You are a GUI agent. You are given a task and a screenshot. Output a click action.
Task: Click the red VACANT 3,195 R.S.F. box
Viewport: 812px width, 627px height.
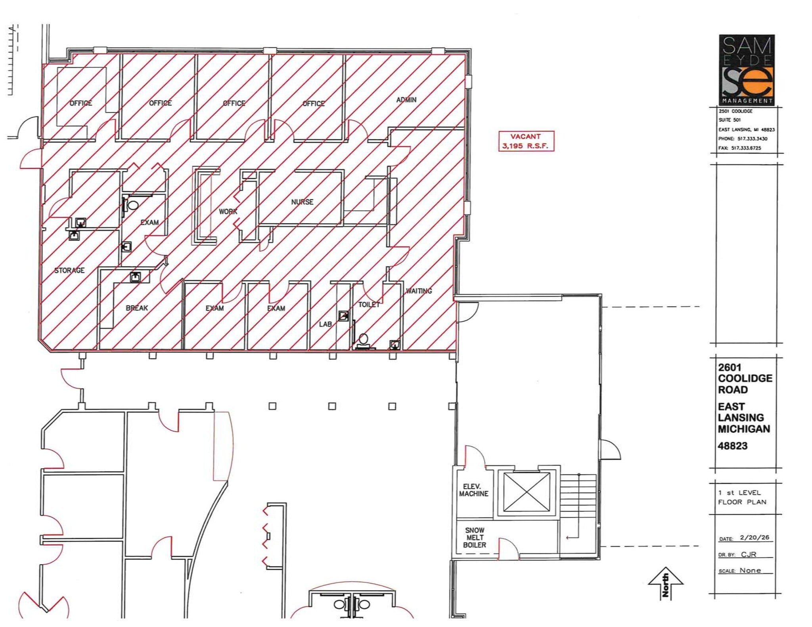pos(526,141)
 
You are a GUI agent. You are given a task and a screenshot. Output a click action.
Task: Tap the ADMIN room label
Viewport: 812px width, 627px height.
pos(406,100)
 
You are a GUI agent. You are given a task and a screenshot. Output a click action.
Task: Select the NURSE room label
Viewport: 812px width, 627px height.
pos(302,202)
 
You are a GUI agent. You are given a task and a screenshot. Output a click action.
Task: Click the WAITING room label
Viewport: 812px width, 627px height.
pos(419,291)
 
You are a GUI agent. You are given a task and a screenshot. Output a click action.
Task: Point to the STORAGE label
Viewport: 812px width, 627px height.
pos(69,271)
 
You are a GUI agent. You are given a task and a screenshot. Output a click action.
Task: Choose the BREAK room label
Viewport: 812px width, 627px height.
pos(137,308)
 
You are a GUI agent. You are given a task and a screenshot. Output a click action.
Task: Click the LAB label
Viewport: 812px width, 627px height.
pos(325,324)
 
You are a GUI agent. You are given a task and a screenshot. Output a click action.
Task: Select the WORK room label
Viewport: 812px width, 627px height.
pos(228,212)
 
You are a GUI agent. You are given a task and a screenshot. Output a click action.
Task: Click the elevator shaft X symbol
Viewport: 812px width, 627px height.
pos(527,492)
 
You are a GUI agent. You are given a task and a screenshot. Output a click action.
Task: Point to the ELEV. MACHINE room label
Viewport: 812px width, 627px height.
pos(474,490)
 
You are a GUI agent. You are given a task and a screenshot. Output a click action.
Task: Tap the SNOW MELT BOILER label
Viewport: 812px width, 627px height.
pos(475,537)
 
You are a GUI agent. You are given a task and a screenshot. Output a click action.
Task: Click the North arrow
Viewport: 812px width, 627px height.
pos(665,583)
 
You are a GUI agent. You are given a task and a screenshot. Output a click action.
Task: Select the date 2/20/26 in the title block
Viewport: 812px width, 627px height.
pos(754,537)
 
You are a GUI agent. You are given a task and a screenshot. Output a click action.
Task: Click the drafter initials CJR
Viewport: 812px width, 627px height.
pos(749,554)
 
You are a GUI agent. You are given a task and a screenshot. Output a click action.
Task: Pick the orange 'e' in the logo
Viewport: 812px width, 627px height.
pos(758,82)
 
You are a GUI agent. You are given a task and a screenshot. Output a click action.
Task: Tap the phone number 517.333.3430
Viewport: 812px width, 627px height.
pos(752,139)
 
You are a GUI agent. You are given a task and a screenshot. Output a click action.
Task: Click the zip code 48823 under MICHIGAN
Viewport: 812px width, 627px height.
pos(732,446)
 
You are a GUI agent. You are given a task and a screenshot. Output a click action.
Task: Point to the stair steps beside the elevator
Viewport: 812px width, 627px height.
pos(578,495)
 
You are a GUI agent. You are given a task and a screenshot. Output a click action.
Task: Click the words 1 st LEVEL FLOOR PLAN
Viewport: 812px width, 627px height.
pos(742,497)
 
